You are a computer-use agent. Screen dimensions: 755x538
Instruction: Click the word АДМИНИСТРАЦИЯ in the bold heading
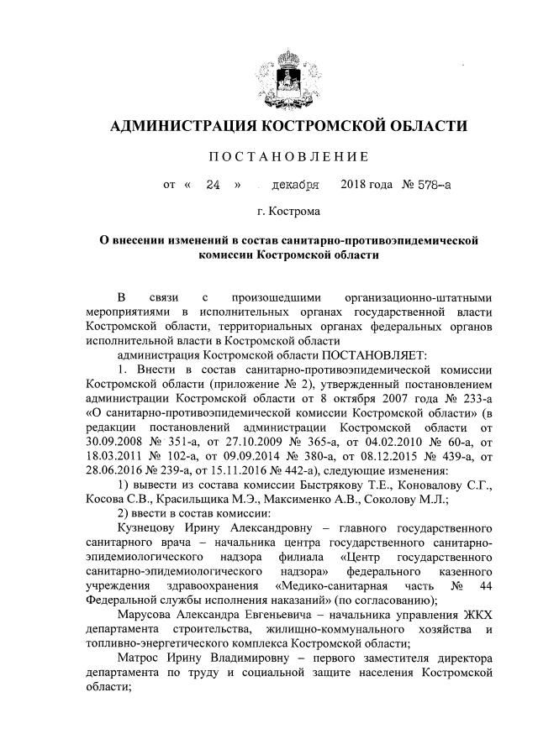(x=182, y=127)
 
